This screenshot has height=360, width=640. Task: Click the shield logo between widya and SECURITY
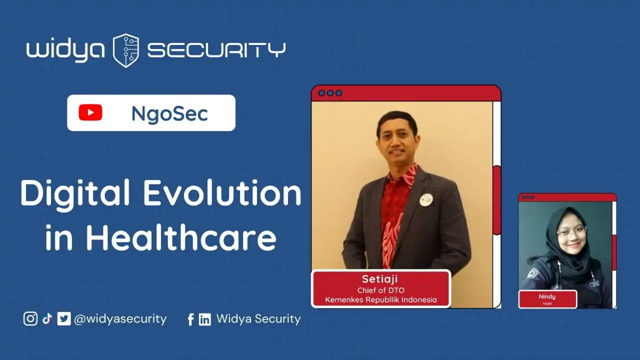pos(126,50)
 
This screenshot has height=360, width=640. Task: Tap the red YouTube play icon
pos(90,112)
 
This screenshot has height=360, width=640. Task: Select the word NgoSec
pos(169,113)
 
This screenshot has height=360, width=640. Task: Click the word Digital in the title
pos(75,193)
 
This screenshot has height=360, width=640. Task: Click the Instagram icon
pos(30,318)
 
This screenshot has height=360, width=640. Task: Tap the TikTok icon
pos(47,318)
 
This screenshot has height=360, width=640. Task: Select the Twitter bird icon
pos(63,318)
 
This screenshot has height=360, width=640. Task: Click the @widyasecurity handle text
pos(120,319)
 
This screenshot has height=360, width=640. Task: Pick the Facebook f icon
pos(191,319)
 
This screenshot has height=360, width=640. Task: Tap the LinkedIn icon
pos(205,319)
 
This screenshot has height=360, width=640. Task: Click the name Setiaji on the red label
pos(379,279)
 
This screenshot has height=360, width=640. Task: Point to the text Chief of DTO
pos(381,290)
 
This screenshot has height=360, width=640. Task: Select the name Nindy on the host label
pos(547,296)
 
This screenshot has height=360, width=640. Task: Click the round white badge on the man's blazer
pos(426,199)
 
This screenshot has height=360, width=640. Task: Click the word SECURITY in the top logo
pos(216,50)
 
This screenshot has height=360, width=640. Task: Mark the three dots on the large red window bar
pos(330,93)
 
